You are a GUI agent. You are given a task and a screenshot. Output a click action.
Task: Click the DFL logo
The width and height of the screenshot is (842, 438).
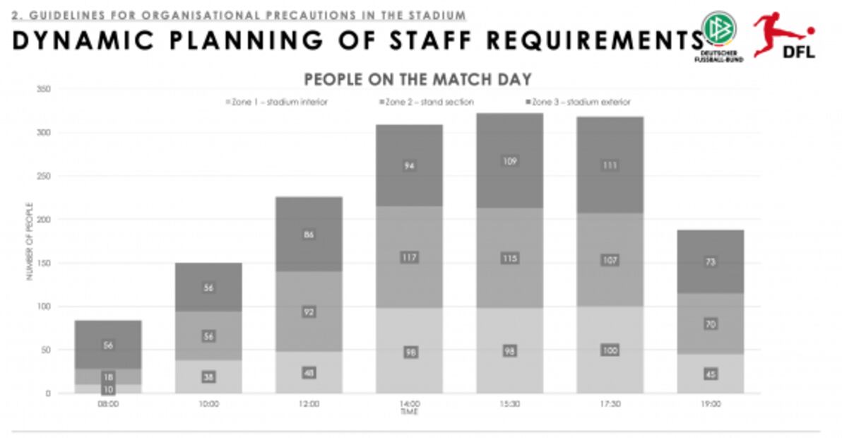785,35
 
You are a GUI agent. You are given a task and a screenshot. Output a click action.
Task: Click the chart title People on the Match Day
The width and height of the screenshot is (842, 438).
417,78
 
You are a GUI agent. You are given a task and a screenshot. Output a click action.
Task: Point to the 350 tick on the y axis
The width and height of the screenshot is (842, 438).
45,90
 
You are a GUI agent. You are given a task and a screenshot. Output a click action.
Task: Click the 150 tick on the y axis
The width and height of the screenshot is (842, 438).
45,264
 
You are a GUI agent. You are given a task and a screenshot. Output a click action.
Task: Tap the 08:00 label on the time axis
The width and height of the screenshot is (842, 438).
108,404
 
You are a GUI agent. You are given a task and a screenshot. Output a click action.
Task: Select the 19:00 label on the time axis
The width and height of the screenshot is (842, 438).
711,404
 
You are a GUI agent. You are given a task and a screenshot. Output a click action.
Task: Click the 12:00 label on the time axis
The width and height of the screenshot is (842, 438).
309,404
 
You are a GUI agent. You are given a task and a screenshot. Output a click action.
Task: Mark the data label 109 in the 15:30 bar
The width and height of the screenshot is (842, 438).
510,161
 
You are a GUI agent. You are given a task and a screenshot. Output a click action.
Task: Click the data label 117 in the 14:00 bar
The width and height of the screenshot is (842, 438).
409,257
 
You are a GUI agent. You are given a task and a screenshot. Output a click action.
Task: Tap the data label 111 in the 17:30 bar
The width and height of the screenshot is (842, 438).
610,165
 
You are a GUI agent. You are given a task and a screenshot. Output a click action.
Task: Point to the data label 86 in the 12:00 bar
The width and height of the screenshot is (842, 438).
309,235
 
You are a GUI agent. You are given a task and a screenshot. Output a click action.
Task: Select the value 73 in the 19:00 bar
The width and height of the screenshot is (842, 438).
711,262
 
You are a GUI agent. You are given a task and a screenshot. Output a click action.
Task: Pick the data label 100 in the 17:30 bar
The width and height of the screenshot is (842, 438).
610,350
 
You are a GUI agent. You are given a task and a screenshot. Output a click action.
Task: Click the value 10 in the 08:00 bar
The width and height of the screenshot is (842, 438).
108,389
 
